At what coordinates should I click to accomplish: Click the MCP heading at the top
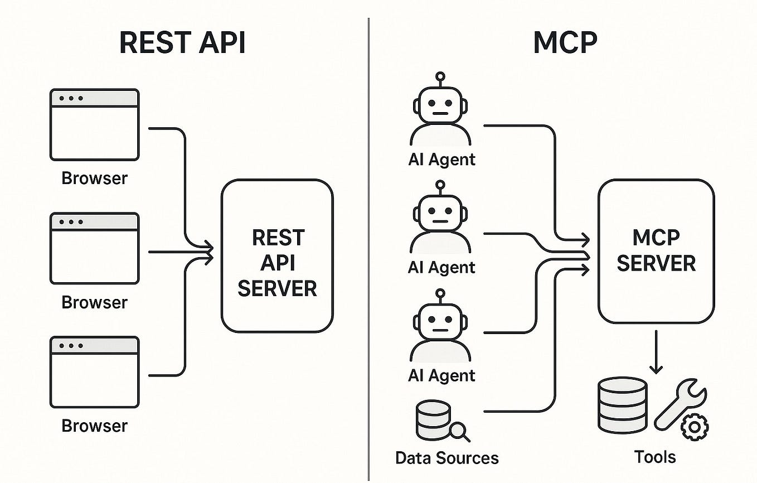565,43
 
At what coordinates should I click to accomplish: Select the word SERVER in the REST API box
277,288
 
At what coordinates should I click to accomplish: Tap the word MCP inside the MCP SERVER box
656,238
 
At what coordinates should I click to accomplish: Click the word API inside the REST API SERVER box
277,263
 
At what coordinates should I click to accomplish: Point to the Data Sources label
447,458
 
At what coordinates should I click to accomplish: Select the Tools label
655,457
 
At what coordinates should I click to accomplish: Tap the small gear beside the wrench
694,427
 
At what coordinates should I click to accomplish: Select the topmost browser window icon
94,124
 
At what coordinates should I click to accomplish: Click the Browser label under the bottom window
94,426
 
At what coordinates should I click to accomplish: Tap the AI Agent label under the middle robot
441,267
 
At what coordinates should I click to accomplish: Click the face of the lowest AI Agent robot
440,325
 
